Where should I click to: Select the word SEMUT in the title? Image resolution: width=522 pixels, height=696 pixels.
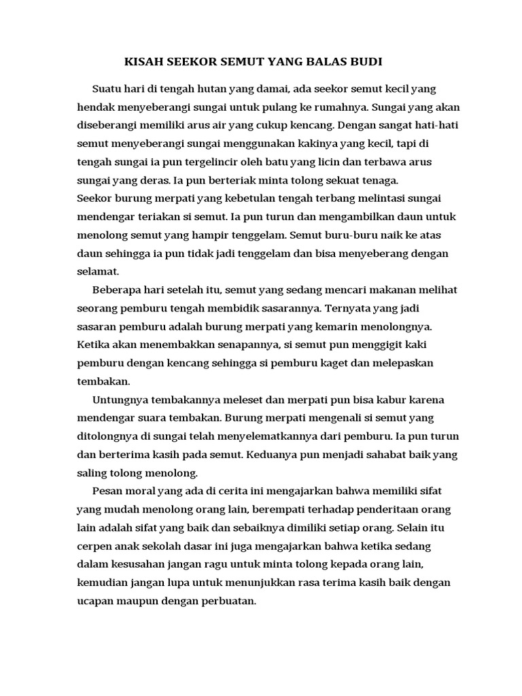coord(241,62)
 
